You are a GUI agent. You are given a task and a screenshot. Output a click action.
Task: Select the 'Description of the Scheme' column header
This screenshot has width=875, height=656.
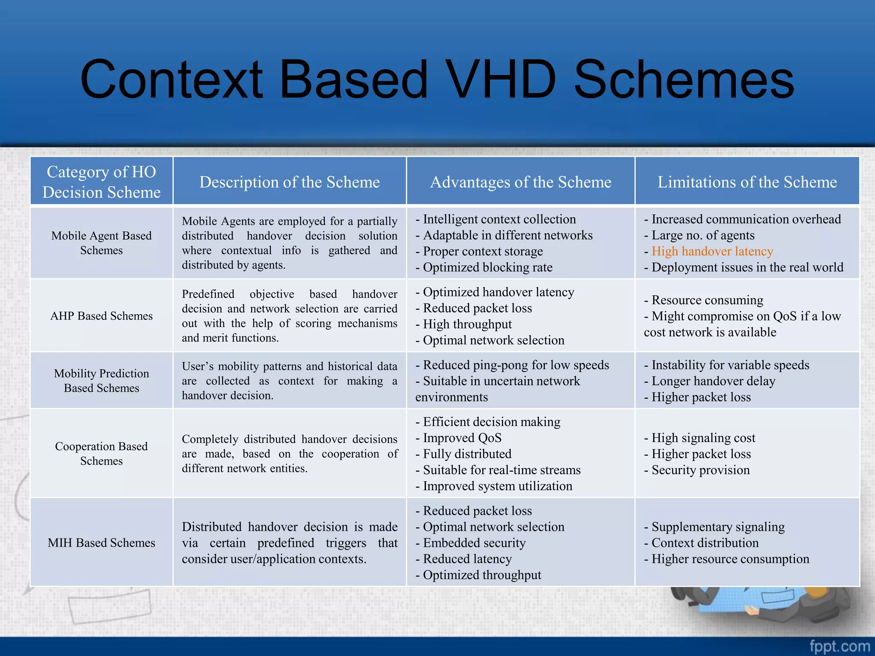pyautogui.click(x=289, y=182)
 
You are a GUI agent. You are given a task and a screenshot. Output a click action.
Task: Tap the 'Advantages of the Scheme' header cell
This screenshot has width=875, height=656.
pyautogui.click(x=520, y=182)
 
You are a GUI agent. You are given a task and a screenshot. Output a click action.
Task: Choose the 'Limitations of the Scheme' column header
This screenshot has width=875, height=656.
pyautogui.click(x=747, y=182)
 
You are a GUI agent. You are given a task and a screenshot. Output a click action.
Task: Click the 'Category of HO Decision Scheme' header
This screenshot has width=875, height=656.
pyautogui.click(x=101, y=182)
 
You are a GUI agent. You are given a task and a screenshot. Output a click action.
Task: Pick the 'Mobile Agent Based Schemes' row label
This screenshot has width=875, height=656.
pyautogui.click(x=101, y=243)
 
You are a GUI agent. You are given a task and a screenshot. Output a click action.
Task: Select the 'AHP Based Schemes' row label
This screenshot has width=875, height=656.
pyautogui.click(x=101, y=316)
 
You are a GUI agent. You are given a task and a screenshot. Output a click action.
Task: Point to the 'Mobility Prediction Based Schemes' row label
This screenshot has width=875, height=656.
pyautogui.click(x=101, y=380)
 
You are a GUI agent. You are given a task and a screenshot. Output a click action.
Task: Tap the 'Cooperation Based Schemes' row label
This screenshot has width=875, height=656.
pyautogui.click(x=101, y=453)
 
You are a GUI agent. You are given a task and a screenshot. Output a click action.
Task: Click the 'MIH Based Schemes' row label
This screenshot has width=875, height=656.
pyautogui.click(x=101, y=542)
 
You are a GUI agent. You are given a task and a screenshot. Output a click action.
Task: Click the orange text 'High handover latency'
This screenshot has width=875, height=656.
pyautogui.click(x=712, y=251)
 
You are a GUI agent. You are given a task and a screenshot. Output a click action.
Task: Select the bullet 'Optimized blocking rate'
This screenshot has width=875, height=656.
pyautogui.click(x=487, y=267)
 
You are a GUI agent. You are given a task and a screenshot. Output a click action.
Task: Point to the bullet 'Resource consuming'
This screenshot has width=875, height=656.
pyautogui.click(x=707, y=300)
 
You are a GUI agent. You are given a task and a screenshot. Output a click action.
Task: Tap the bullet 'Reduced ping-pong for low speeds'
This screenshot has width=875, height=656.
pyautogui.click(x=516, y=365)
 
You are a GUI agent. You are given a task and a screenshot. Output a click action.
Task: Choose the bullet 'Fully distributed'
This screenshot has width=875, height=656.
pyautogui.click(x=467, y=454)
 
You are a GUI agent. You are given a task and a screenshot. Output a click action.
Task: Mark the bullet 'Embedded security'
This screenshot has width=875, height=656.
pyautogui.click(x=474, y=542)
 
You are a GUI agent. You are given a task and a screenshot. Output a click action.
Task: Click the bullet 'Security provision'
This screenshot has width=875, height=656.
pyautogui.click(x=700, y=470)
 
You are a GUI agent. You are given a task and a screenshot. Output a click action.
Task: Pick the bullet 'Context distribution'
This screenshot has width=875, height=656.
pyautogui.click(x=705, y=542)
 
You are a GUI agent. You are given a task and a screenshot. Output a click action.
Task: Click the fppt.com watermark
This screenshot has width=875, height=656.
pyautogui.click(x=839, y=646)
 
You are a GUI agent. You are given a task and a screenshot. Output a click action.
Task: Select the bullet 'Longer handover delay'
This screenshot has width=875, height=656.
pyautogui.click(x=713, y=381)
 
